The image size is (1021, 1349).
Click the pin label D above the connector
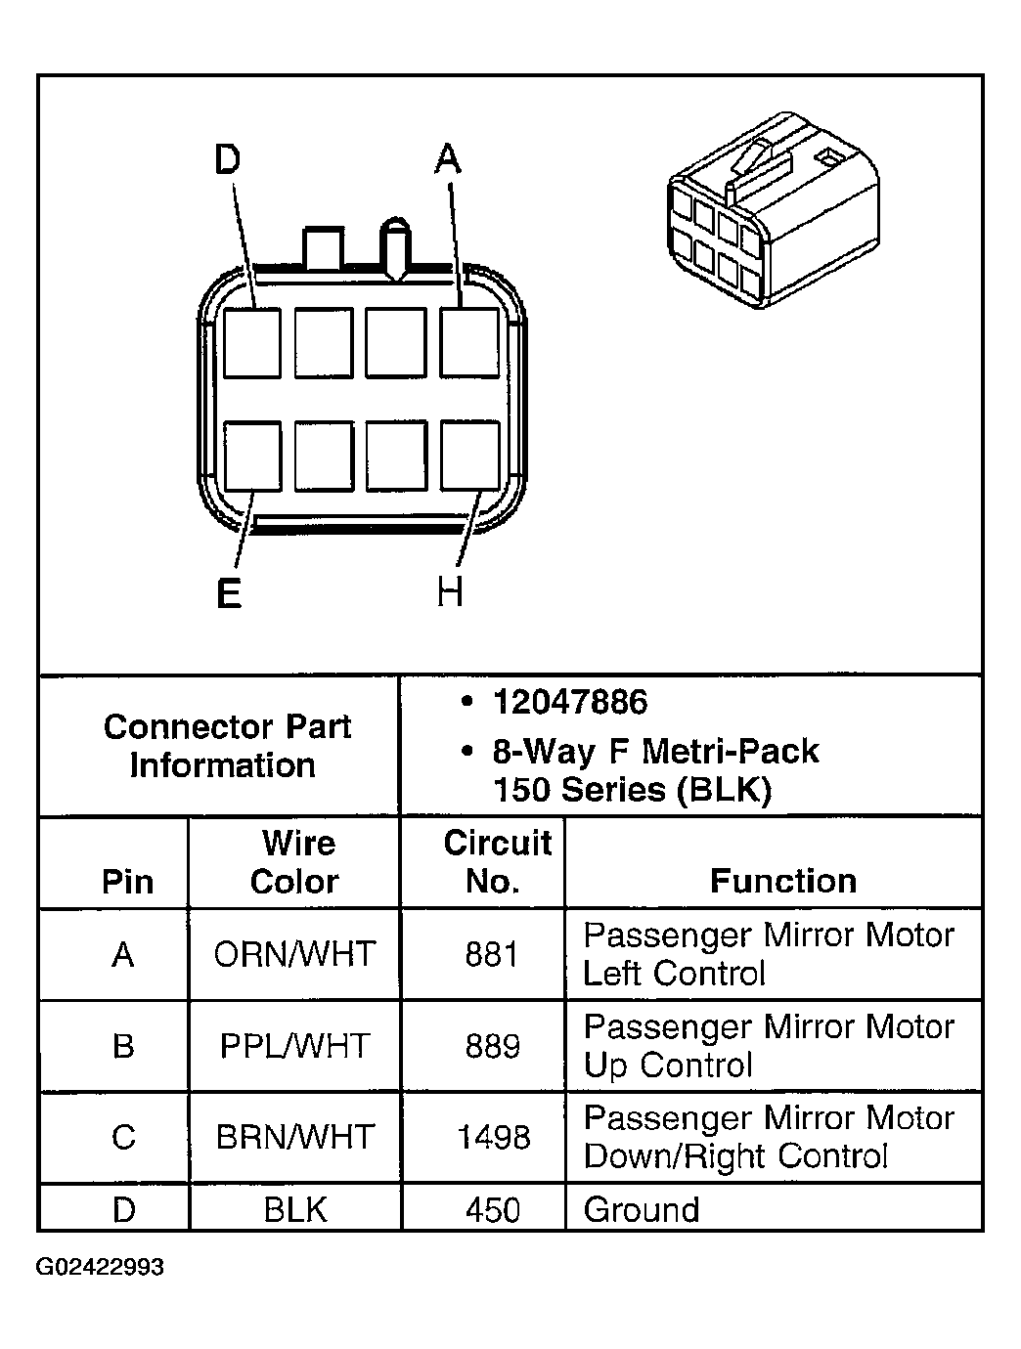pos(227,159)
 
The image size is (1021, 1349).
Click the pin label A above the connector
pos(447,158)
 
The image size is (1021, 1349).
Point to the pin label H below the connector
pos(450,591)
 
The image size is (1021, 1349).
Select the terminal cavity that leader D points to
pos(251,342)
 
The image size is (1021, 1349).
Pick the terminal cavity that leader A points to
pos(469,342)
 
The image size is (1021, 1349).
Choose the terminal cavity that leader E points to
pos(252,456)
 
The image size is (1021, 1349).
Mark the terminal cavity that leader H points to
pos(470,456)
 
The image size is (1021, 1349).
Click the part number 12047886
pos(569,702)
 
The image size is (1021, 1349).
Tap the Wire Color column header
pos(294,862)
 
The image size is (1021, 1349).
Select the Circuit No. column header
pos(497,862)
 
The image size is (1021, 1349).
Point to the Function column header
pos(782,881)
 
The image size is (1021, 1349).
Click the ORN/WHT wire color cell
pos(294,954)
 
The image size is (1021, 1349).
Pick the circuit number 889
pos(493,1046)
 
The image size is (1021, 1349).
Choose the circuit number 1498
pos(493,1137)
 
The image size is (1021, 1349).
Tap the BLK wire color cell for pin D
pos(294,1210)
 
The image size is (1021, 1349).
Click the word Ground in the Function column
pos(642,1210)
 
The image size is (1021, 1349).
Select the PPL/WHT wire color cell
pos(294,1046)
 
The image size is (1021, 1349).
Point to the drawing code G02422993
pos(101,1268)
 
